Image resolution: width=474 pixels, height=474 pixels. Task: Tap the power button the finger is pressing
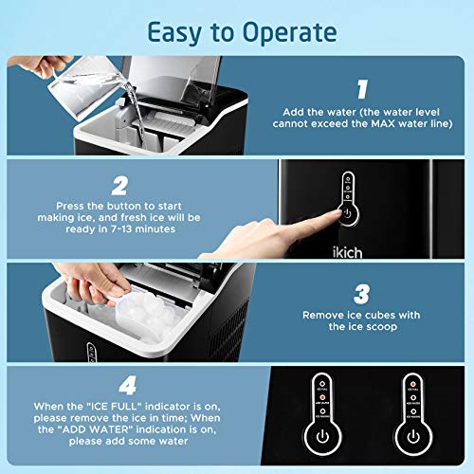348,214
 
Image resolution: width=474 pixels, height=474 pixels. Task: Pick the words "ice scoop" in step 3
370,326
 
